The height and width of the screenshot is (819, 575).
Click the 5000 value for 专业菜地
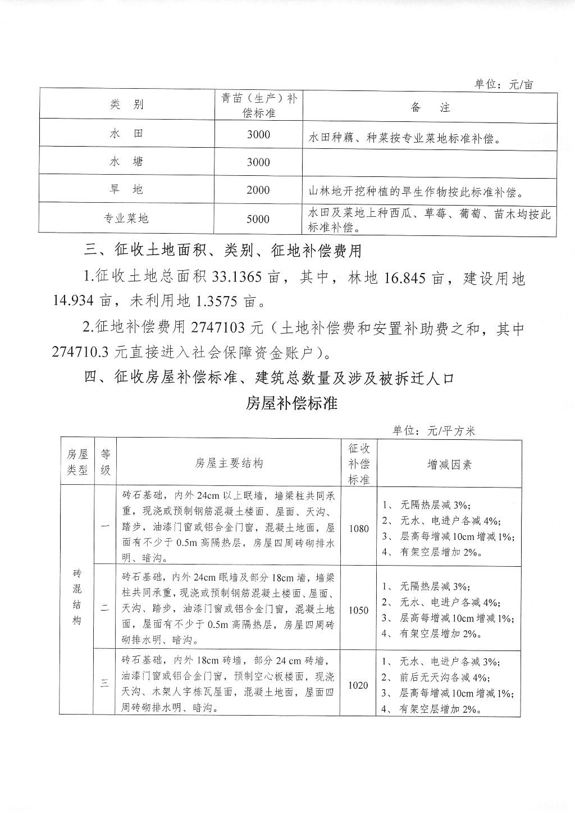258,219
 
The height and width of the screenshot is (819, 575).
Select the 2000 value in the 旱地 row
258,190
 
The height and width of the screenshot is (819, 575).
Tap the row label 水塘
126,162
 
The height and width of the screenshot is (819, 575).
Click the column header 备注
430,107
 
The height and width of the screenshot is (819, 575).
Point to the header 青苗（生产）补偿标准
258,105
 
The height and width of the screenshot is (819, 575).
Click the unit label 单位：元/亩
504,84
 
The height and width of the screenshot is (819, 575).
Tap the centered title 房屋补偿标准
291,403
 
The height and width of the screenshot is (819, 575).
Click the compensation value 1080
359,529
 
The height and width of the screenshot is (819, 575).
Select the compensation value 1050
359,610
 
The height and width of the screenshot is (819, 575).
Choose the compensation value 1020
359,685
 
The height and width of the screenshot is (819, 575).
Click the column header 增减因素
449,465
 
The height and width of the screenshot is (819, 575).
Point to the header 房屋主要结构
229,463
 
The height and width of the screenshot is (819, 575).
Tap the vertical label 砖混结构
77,597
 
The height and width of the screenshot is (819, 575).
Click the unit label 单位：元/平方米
433,431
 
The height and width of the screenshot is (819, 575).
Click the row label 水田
126,134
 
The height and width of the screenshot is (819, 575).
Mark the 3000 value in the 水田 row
258,134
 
